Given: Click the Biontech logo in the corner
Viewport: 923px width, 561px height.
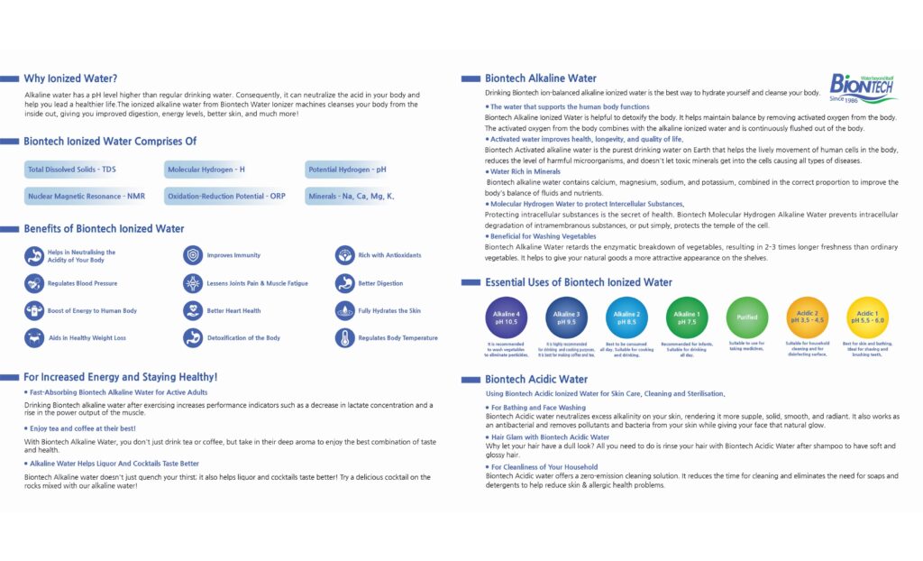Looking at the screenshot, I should tap(863, 87).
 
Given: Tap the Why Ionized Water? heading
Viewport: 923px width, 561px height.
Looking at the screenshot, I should tap(70, 78).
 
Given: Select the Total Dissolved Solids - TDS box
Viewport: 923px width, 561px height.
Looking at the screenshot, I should tap(72, 170).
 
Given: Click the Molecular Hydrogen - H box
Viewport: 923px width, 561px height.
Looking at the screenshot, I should tap(206, 170).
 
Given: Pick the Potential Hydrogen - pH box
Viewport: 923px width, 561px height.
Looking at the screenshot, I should tap(347, 170).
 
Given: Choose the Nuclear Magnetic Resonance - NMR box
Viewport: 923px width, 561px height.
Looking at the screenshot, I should tap(86, 196).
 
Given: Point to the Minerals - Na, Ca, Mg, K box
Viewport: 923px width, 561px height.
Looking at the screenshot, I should tap(352, 196).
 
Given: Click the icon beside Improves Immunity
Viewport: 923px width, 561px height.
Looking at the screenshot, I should tap(193, 255).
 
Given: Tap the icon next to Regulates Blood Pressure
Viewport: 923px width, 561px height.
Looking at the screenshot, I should tap(34, 283).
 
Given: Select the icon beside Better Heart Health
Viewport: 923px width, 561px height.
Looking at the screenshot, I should tap(193, 310).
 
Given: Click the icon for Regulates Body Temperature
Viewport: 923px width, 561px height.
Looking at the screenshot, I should tap(344, 338).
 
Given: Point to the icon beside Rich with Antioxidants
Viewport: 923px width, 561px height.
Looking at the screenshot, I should tap(344, 255).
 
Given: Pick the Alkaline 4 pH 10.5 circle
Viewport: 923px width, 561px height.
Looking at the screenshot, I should tap(505, 317).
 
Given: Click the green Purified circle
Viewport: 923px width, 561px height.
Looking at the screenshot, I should tap(747, 317).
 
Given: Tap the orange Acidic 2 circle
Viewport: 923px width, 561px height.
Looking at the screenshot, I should tap(808, 317).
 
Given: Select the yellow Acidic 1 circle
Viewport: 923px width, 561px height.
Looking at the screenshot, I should tap(868, 317).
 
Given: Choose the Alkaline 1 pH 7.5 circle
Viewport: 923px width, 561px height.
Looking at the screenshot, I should tap(686, 317).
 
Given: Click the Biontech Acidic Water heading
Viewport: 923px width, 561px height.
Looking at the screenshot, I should tap(536, 380).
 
